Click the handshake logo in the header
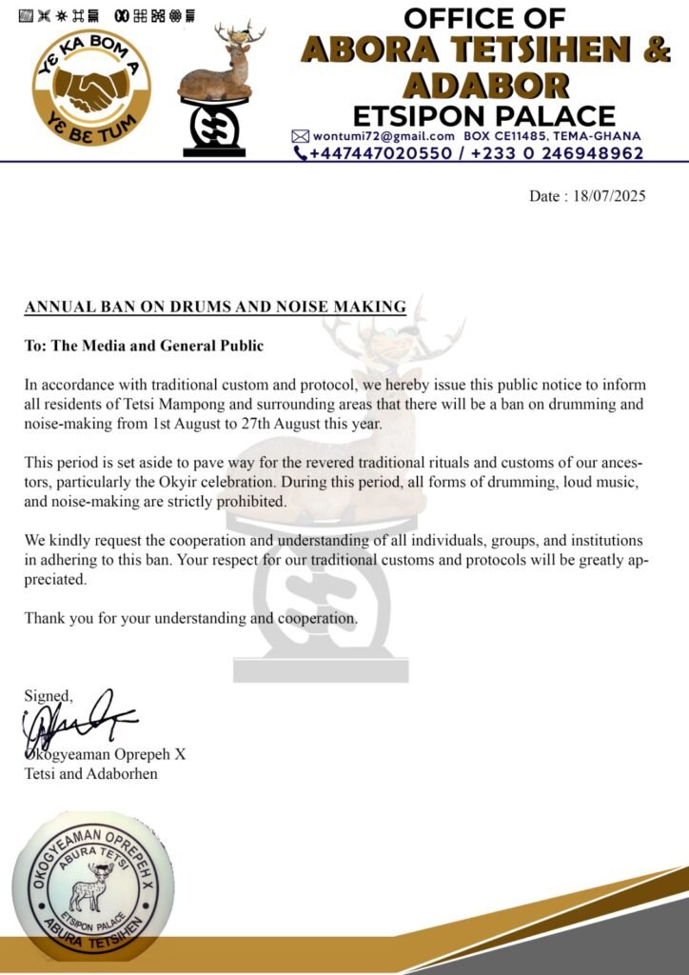pos(91,87)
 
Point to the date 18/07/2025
pos(609,197)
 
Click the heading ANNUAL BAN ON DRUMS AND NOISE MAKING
pos(215,307)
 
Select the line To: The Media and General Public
pos(144,346)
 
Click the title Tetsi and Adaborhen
pos(91,774)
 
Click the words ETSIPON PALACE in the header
pos(484,116)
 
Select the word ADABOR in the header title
pos(484,85)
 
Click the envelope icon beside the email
pos(300,135)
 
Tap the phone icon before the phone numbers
pos(301,152)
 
